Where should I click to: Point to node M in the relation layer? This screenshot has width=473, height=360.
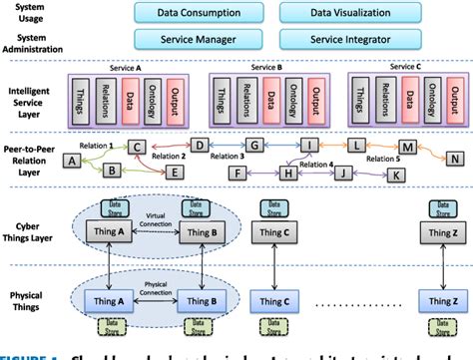point(406,147)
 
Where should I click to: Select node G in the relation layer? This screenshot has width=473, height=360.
point(254,147)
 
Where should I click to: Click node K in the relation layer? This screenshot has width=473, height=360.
point(396,174)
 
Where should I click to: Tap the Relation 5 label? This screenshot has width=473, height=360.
point(383,159)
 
